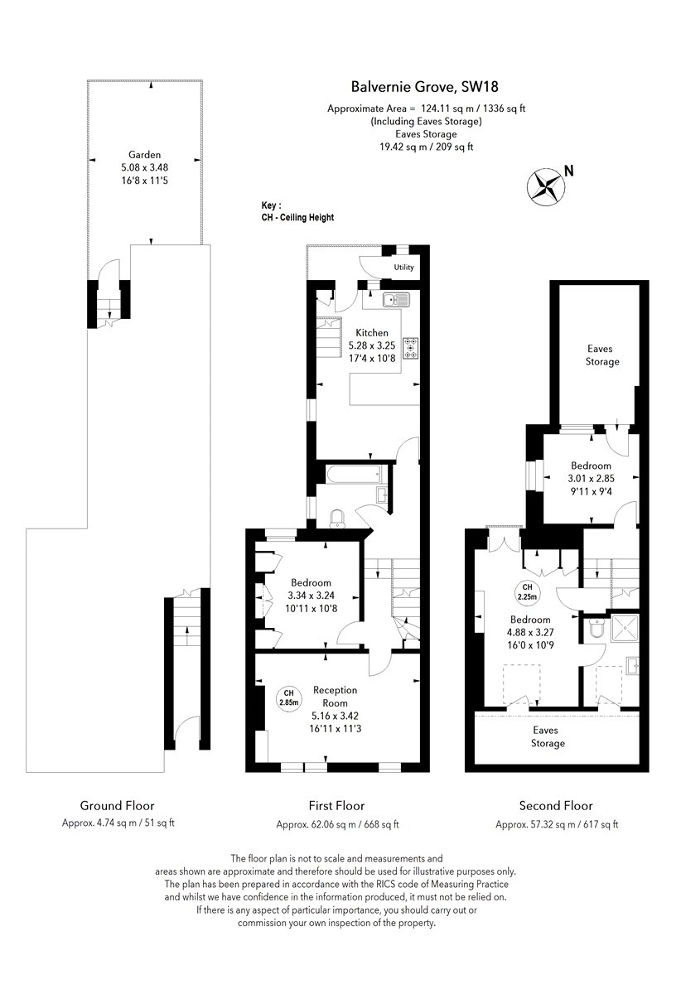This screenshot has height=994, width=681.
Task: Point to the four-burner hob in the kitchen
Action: pyautogui.click(x=410, y=348)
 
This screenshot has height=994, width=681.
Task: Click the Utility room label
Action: pyautogui.click(x=403, y=268)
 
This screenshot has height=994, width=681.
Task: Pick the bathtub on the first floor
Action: pyautogui.click(x=351, y=475)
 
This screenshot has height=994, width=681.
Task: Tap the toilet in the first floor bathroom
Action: pyautogui.click(x=337, y=519)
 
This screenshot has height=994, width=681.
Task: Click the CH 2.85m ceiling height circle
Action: pyautogui.click(x=288, y=698)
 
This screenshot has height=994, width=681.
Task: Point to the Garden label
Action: pyautogui.click(x=144, y=154)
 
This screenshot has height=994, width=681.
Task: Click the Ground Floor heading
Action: pyautogui.click(x=117, y=805)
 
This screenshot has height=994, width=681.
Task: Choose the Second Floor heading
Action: pyautogui.click(x=555, y=805)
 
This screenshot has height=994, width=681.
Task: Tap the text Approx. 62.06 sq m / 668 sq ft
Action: pyautogui.click(x=337, y=824)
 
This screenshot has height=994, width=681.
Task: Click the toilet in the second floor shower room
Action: pyautogui.click(x=593, y=632)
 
